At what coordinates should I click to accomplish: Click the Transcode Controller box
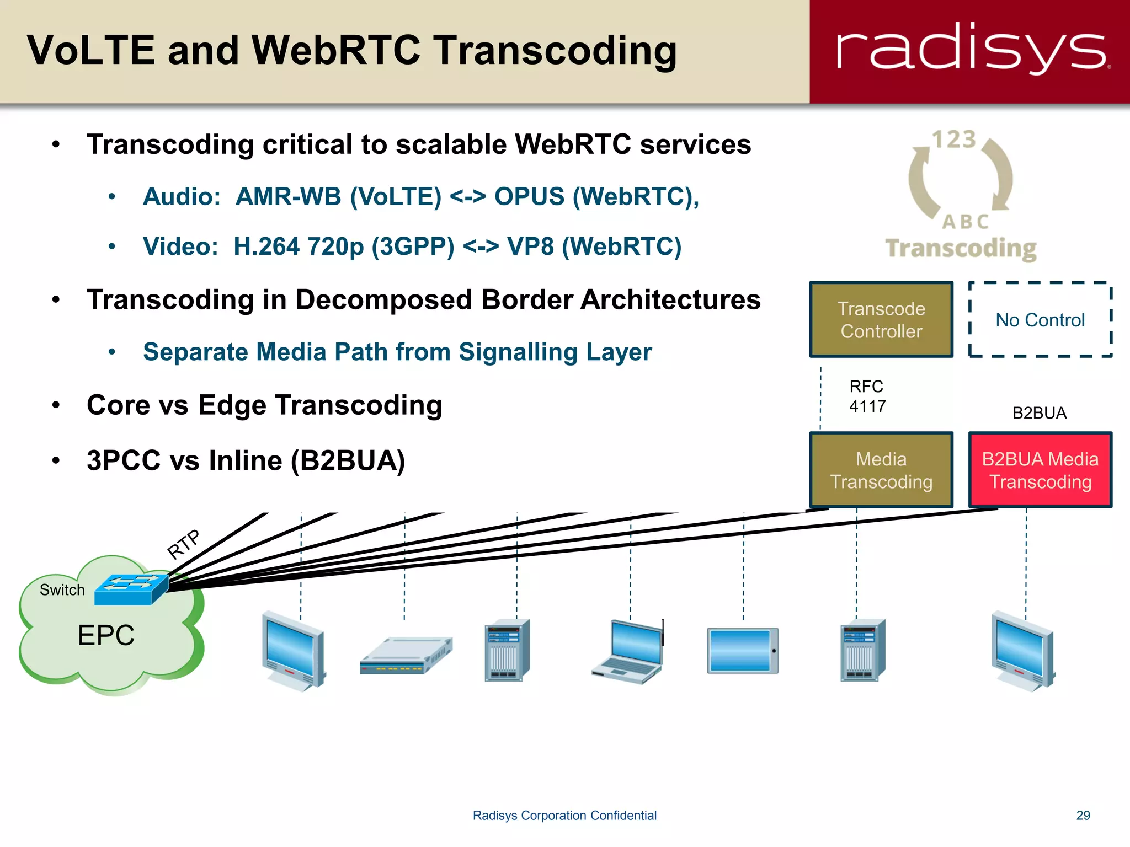pyautogui.click(x=881, y=320)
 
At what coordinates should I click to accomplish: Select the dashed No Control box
pyautogui.click(x=1040, y=320)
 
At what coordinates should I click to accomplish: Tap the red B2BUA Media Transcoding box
pyautogui.click(x=1040, y=470)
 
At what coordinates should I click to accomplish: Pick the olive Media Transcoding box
pyautogui.click(x=881, y=470)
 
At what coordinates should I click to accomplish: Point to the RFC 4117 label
pyautogui.click(x=867, y=396)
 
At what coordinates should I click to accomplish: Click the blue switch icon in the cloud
pyautogui.click(x=131, y=589)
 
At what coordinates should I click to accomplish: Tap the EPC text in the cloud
pyautogui.click(x=106, y=635)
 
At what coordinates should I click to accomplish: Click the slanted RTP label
pyautogui.click(x=184, y=544)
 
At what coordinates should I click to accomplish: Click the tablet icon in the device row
pyautogui.click(x=743, y=651)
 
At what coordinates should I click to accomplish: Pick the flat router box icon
pyautogui.click(x=406, y=656)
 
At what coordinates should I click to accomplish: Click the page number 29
pyautogui.click(x=1083, y=815)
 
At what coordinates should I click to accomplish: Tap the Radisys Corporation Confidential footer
pyautogui.click(x=564, y=815)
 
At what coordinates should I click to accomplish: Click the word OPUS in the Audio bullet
pyautogui.click(x=529, y=196)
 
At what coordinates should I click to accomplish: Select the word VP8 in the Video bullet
pyautogui.click(x=530, y=246)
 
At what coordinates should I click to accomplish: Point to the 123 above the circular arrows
pyautogui.click(x=954, y=140)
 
